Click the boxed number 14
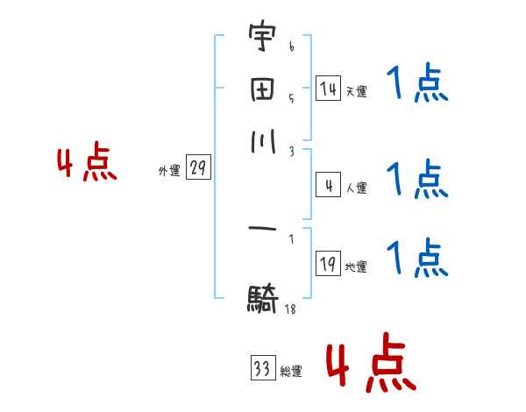click(x=328, y=89)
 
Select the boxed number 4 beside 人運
click(x=328, y=185)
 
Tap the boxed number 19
click(x=328, y=264)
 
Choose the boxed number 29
click(x=198, y=168)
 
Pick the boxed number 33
click(x=262, y=369)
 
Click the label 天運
click(x=357, y=91)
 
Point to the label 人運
click(x=357, y=188)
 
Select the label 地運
click(x=357, y=266)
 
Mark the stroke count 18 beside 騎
click(x=290, y=309)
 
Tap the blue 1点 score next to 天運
click(x=417, y=86)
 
